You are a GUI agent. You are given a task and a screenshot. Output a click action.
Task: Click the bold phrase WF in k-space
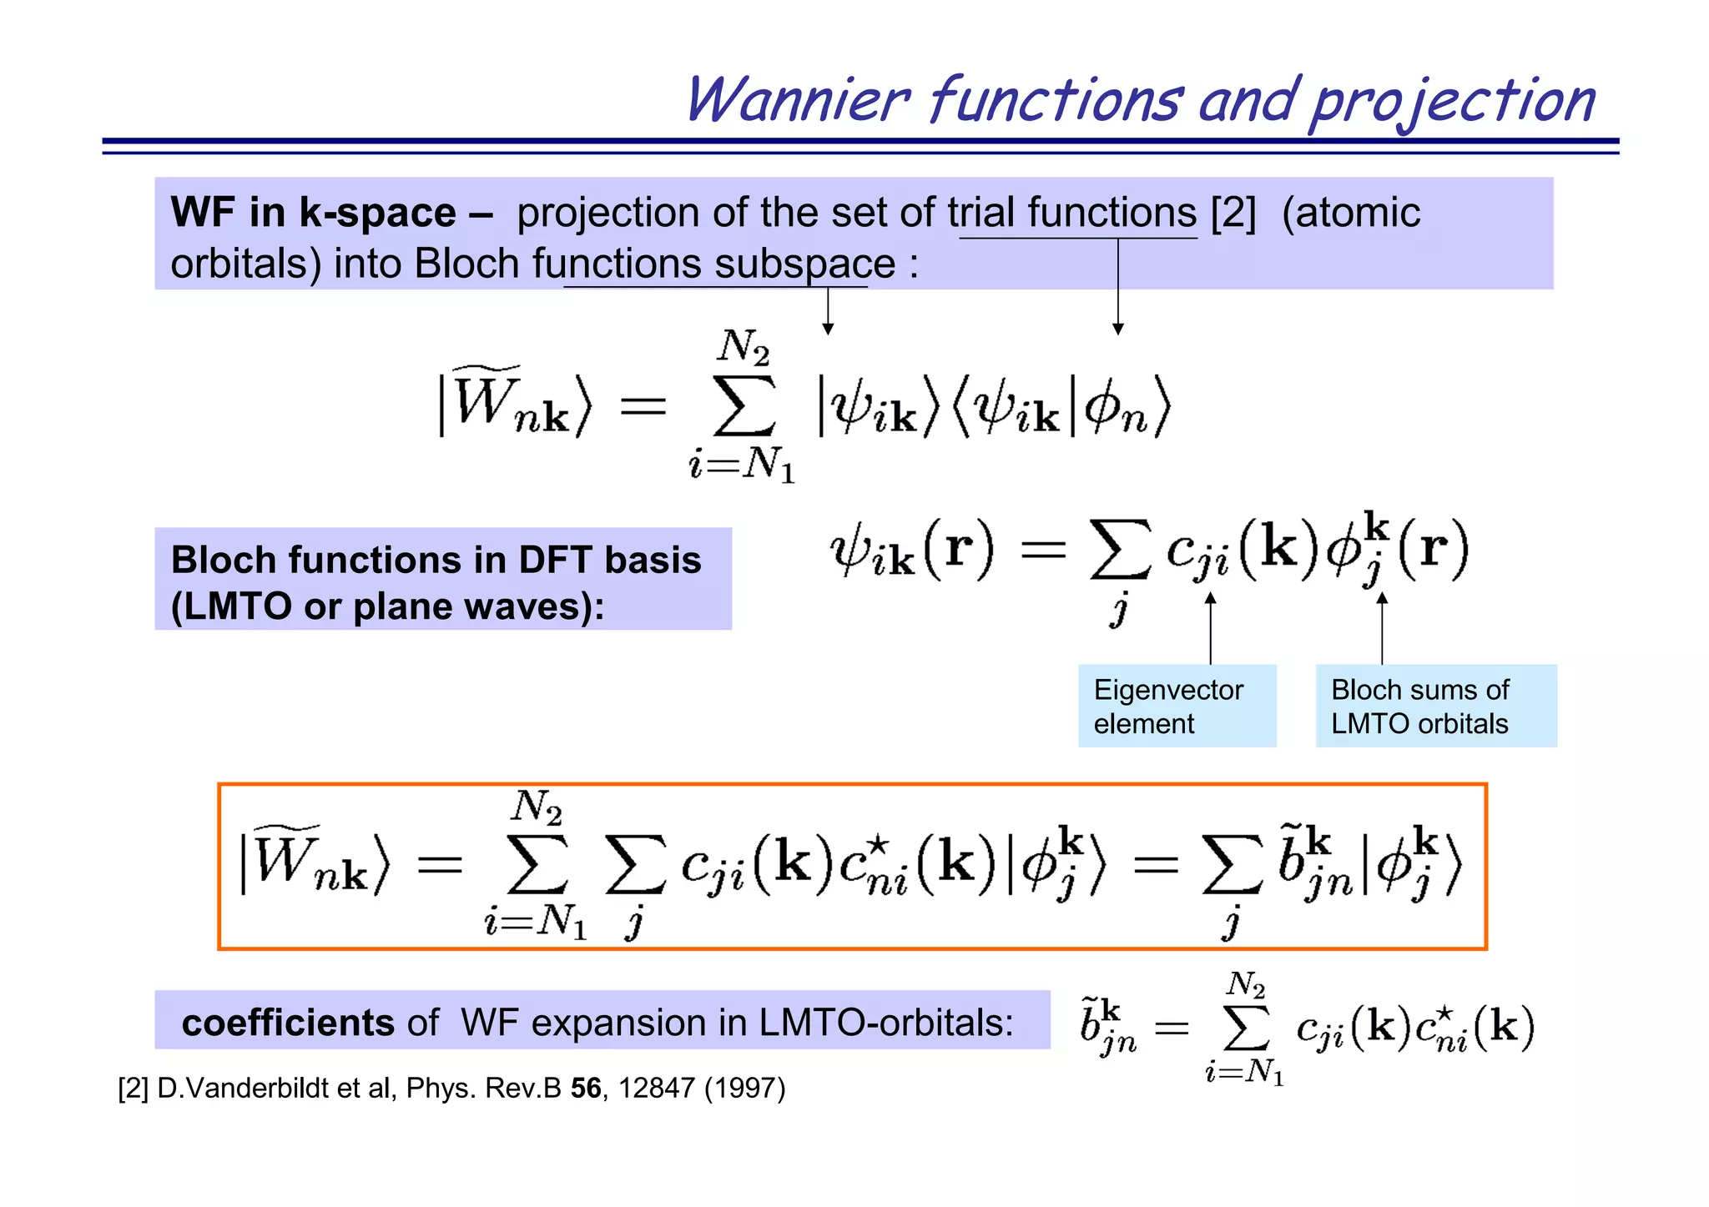313,213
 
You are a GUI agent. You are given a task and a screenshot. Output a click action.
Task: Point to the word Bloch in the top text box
466,264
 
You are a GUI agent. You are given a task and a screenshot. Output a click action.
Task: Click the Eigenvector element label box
1177,706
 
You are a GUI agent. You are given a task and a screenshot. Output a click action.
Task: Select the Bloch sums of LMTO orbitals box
1435,706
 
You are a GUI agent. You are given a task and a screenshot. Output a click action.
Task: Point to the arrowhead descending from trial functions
1118,329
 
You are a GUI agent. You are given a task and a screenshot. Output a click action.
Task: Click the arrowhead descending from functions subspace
828,329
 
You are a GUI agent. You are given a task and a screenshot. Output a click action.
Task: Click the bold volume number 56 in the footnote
586,1089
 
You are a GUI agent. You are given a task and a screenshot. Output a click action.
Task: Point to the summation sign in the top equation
744,407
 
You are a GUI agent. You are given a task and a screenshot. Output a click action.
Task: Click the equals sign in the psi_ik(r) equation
1044,550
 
